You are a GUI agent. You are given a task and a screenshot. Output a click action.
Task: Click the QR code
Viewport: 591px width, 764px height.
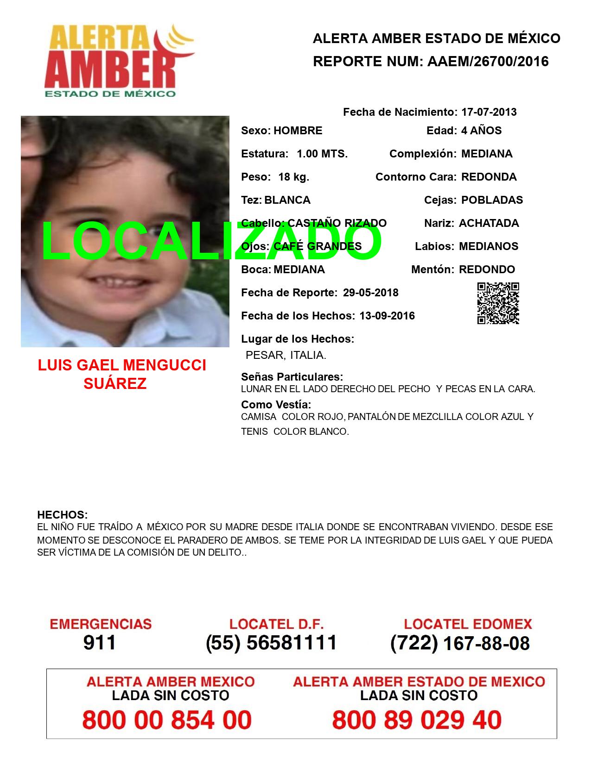tap(498, 303)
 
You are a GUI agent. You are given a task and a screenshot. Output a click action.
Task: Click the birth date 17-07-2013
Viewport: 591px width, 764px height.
tap(489, 112)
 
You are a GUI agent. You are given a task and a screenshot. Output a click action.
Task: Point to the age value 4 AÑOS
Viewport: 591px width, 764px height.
tap(481, 131)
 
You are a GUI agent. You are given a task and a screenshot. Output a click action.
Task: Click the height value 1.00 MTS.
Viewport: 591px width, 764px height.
tap(322, 154)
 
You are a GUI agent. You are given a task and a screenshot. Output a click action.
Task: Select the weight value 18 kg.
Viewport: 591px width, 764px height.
tap(293, 177)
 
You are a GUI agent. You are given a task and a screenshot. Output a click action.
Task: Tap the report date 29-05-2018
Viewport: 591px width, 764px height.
tap(370, 293)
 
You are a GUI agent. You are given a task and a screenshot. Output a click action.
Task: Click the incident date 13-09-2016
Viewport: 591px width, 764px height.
tap(387, 316)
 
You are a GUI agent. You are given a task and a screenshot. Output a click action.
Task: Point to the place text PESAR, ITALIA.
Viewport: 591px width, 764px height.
tap(286, 355)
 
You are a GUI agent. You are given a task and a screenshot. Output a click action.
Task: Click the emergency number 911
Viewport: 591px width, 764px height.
tap(100, 643)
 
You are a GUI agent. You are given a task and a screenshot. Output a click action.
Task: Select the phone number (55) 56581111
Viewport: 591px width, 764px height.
tap(271, 643)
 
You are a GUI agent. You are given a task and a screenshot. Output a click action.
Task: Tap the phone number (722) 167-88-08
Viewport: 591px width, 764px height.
tap(460, 643)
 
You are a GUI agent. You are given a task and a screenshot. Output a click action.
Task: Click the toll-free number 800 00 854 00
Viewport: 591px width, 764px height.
tap(167, 720)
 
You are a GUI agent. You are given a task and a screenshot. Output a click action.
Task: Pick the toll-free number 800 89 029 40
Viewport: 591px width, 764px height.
tap(417, 720)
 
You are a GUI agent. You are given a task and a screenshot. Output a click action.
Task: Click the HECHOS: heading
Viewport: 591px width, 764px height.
tap(62, 515)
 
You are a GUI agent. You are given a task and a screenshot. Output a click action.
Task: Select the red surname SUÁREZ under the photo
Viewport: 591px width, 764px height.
tap(115, 383)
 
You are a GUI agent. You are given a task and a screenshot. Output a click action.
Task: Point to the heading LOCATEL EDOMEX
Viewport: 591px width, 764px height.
tap(468, 624)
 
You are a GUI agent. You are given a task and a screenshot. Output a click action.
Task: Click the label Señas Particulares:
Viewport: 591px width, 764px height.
tap(292, 377)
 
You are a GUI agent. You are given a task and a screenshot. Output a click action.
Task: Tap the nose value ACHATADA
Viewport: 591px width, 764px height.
tap(489, 223)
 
